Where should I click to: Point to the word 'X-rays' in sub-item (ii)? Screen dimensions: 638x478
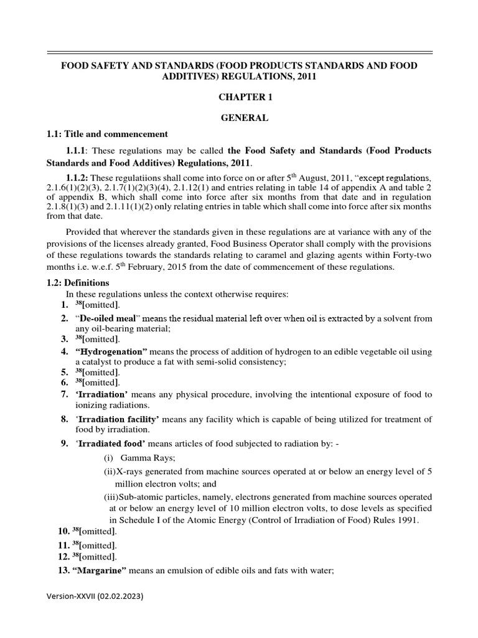click(129, 472)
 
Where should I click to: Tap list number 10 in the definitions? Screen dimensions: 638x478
click(62, 531)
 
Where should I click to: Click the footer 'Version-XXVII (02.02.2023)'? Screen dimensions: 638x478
click(95, 596)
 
